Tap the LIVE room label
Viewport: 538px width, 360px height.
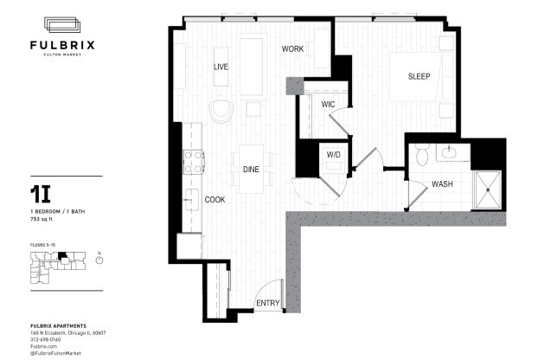point(221,66)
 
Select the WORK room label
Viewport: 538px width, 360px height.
point(292,49)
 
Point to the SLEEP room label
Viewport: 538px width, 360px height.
point(420,76)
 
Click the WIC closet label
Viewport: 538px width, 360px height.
point(328,105)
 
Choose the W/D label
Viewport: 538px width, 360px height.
point(333,155)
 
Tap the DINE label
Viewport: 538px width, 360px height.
point(251,170)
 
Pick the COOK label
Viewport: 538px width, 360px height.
point(215,200)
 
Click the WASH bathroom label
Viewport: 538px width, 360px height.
point(442,184)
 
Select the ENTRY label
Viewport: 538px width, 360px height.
point(267,303)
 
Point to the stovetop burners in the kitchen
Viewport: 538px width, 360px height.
point(193,162)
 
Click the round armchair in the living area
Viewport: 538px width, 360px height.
point(222,111)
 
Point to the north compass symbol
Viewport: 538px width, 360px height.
point(99,260)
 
